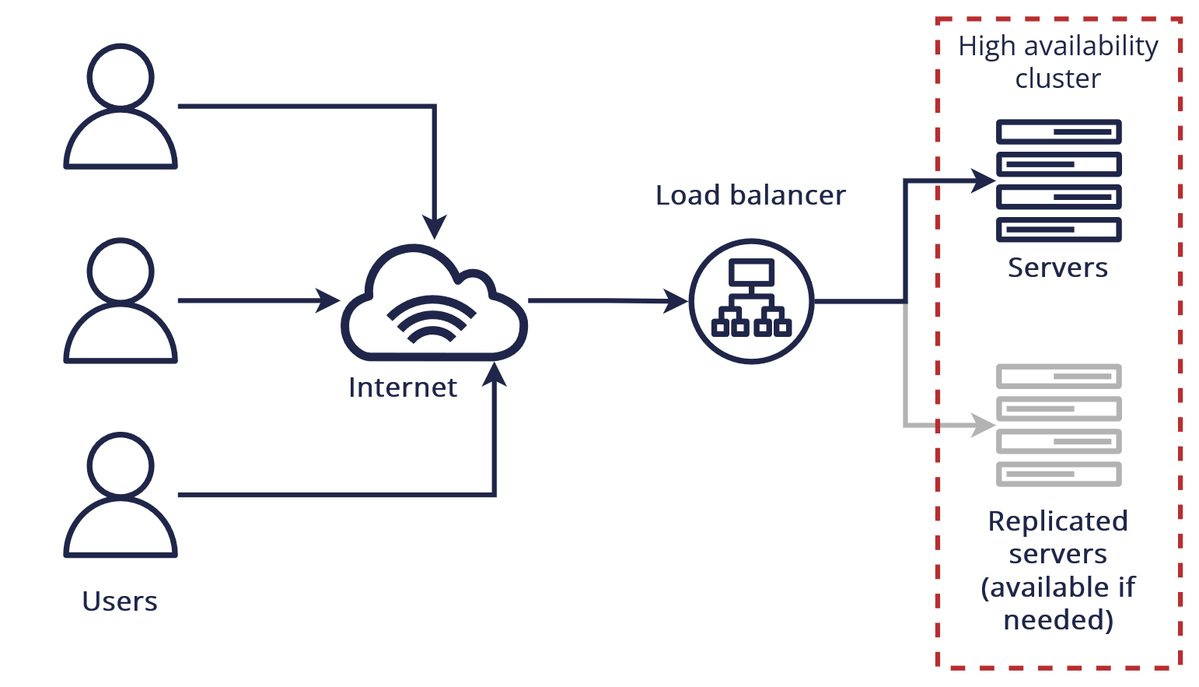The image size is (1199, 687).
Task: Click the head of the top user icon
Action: [121, 76]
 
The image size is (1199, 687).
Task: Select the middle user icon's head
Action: [121, 271]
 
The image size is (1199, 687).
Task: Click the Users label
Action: [120, 601]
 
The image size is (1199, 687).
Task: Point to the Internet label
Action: [402, 387]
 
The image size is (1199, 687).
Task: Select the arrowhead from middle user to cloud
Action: [328, 300]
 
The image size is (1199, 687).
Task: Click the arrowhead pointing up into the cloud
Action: [494, 374]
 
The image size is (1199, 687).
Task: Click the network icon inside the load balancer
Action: [751, 299]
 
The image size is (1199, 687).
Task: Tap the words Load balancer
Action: [750, 195]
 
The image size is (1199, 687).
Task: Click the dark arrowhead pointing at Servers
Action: [984, 181]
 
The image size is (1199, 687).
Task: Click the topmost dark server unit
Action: [1058, 132]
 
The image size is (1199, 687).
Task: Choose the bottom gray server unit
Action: [1058, 474]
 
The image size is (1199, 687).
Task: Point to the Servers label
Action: [1057, 268]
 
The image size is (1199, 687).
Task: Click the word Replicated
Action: [1057, 521]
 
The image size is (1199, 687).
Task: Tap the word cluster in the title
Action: [1057, 79]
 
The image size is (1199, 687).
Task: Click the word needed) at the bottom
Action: [1058, 620]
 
